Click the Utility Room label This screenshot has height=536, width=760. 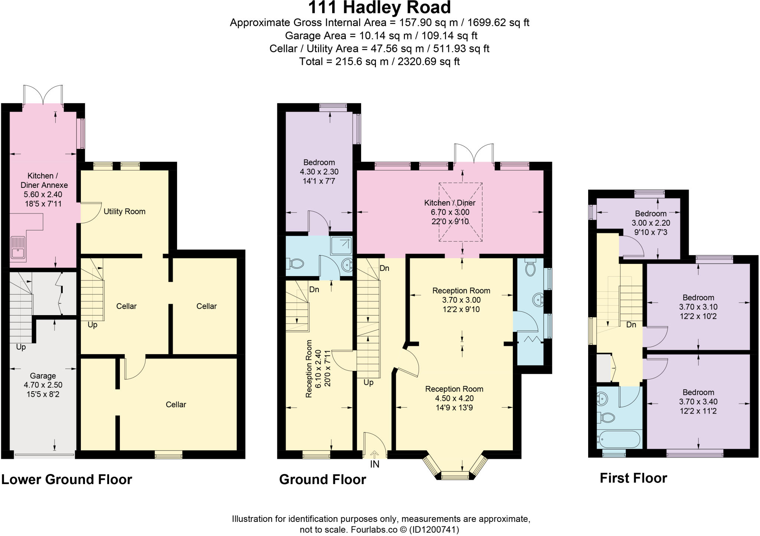pyautogui.click(x=124, y=212)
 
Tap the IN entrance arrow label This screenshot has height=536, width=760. pyautogui.click(x=374, y=464)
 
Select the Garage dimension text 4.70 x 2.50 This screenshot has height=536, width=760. pyautogui.click(x=43, y=385)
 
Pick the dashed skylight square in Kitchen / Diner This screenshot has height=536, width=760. pyautogui.click(x=461, y=212)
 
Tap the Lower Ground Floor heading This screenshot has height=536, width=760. pyautogui.click(x=67, y=479)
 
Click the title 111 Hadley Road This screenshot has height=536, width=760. pyautogui.click(x=379, y=8)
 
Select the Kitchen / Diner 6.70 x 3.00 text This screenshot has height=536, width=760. pyautogui.click(x=450, y=212)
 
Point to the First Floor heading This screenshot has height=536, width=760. pyautogui.click(x=633, y=478)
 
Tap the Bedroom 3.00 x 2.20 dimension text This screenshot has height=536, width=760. pyautogui.click(x=651, y=223)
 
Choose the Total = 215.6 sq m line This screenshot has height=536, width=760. pyautogui.click(x=379, y=62)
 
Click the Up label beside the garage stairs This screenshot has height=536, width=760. pyautogui.click(x=21, y=347)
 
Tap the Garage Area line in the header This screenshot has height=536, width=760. pyautogui.click(x=381, y=36)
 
